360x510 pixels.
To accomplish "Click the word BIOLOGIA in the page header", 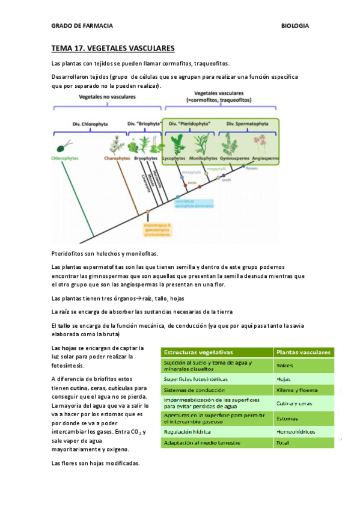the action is pyautogui.click(x=294, y=26).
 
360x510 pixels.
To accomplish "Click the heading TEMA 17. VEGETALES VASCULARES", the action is pyautogui.click(x=113, y=48).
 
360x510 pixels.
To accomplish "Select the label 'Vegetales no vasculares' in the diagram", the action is pyautogui.click(x=107, y=96).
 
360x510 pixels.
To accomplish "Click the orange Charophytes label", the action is pyautogui.click(x=117, y=158).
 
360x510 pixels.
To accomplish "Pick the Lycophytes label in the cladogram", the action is pyautogui.click(x=174, y=158).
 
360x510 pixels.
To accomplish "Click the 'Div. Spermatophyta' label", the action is pyautogui.click(x=248, y=123).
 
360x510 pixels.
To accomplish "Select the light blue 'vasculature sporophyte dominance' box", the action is pyautogui.click(x=194, y=203).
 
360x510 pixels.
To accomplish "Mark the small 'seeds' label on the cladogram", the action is pyautogui.click(x=226, y=179).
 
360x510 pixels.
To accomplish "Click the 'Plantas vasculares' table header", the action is pyautogui.click(x=303, y=352).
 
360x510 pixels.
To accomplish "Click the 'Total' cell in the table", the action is pyautogui.click(x=282, y=443).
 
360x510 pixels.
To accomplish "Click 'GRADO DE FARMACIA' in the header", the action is pyautogui.click(x=82, y=26).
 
